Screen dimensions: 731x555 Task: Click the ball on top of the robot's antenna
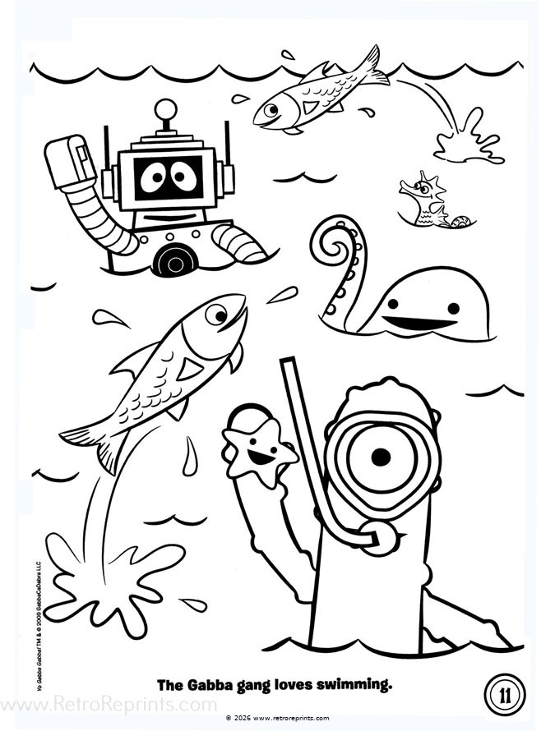point(167,108)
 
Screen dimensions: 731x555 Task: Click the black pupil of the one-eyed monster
point(379,456)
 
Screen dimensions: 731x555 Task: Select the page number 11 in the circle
point(503,695)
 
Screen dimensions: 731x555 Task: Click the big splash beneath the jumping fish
point(107,575)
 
